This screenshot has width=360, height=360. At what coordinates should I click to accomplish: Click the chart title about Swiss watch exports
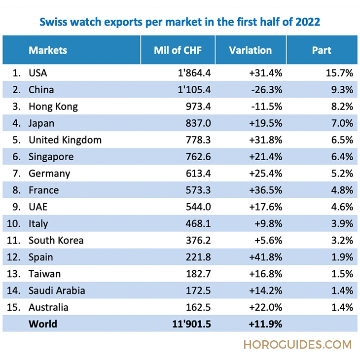[x=180, y=22]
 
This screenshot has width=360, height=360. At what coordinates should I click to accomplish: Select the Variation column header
[x=250, y=50]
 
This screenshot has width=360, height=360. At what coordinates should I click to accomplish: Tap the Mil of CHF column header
[x=178, y=50]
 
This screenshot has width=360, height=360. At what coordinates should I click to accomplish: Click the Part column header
[x=322, y=50]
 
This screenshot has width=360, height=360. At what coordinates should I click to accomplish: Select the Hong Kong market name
[x=53, y=107]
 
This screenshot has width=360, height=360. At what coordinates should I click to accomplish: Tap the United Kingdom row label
[x=65, y=140]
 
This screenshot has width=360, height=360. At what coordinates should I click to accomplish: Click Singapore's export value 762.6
[x=197, y=157]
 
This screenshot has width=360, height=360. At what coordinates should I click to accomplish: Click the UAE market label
[x=38, y=207]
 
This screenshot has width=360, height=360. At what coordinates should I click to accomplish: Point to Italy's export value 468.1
[x=197, y=224]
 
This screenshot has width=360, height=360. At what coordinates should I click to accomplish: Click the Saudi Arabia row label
[x=57, y=291]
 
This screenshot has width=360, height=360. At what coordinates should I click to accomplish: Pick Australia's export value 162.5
[x=197, y=308]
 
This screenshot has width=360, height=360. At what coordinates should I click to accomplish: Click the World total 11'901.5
[x=192, y=324]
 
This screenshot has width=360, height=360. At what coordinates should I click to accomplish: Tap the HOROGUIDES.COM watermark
[x=297, y=345]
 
